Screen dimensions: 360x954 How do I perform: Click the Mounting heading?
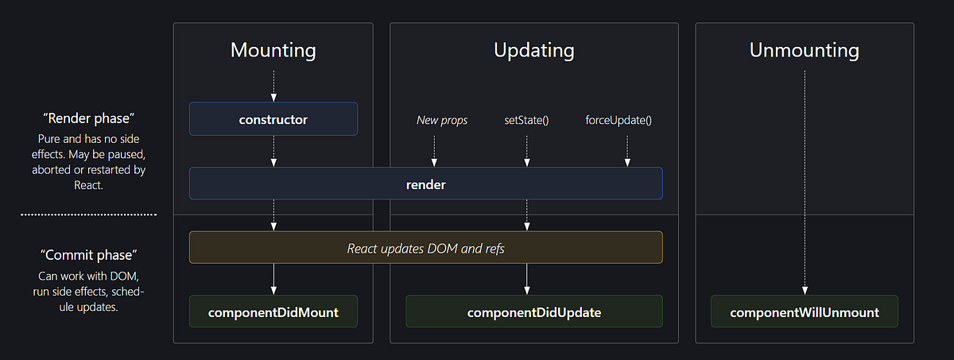pos(273,50)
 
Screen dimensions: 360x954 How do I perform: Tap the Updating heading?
pos(533,50)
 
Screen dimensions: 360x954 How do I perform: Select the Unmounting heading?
pos(804,50)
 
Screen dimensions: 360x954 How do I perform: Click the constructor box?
pos(273,119)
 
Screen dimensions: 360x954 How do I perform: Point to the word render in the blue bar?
pos(425,184)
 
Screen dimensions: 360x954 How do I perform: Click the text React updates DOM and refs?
pos(425,248)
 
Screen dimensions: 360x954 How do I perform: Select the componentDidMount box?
pos(273,312)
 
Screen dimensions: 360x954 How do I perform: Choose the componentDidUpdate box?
pos(533,312)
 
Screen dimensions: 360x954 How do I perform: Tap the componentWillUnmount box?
pos(804,312)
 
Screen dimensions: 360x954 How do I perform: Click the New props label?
pos(442,121)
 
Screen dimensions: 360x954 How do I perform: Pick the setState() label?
pos(526,121)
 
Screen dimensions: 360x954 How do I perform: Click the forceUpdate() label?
pos(618,121)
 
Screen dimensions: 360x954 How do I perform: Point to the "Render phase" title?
pos(88,118)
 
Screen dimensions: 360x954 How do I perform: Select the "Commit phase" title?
pos(88,255)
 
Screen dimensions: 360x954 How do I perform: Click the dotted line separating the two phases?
pos(88,215)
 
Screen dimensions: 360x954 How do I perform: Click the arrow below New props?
pos(435,150)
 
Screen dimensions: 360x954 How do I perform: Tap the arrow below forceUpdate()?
pos(627,150)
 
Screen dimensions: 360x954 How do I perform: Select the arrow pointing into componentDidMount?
pos(273,279)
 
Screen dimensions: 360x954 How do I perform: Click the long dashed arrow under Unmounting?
pos(805,183)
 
